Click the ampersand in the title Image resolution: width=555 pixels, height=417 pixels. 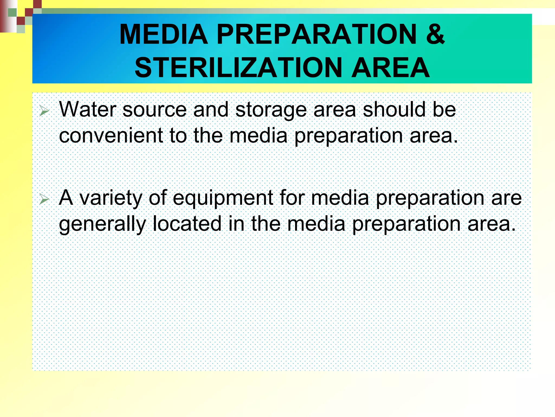pos(435,34)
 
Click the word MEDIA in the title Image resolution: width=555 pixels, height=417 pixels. pos(163,34)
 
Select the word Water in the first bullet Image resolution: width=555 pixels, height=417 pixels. pos(88,109)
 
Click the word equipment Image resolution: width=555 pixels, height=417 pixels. pos(223,198)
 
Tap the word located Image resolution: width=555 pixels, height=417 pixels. pos(187,224)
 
